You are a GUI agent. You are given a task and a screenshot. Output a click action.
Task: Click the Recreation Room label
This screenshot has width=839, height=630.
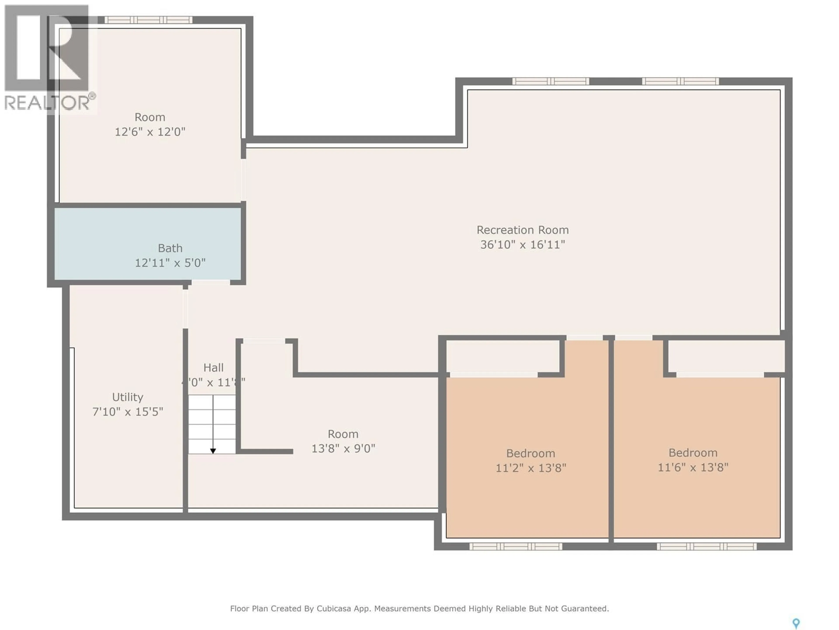[522, 230]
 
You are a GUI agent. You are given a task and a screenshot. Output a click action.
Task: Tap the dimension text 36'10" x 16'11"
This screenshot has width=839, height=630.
[522, 245]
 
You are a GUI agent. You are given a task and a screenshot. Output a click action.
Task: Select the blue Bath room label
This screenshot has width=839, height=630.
[170, 248]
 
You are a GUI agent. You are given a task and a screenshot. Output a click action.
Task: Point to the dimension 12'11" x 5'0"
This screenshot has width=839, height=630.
[170, 263]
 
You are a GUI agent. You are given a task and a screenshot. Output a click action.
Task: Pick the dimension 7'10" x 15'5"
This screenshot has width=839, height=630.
[127, 412]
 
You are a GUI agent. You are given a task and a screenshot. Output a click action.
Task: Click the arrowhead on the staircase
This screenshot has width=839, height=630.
[213, 451]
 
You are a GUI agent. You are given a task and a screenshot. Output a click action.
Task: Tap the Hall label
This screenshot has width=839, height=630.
[213, 367]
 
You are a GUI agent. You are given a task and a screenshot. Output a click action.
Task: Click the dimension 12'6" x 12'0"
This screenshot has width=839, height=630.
[150, 132]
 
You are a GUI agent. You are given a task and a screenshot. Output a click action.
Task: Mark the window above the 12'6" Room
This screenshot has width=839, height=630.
[148, 20]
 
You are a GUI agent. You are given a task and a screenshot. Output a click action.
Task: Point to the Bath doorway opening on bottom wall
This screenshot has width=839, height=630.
[210, 283]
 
